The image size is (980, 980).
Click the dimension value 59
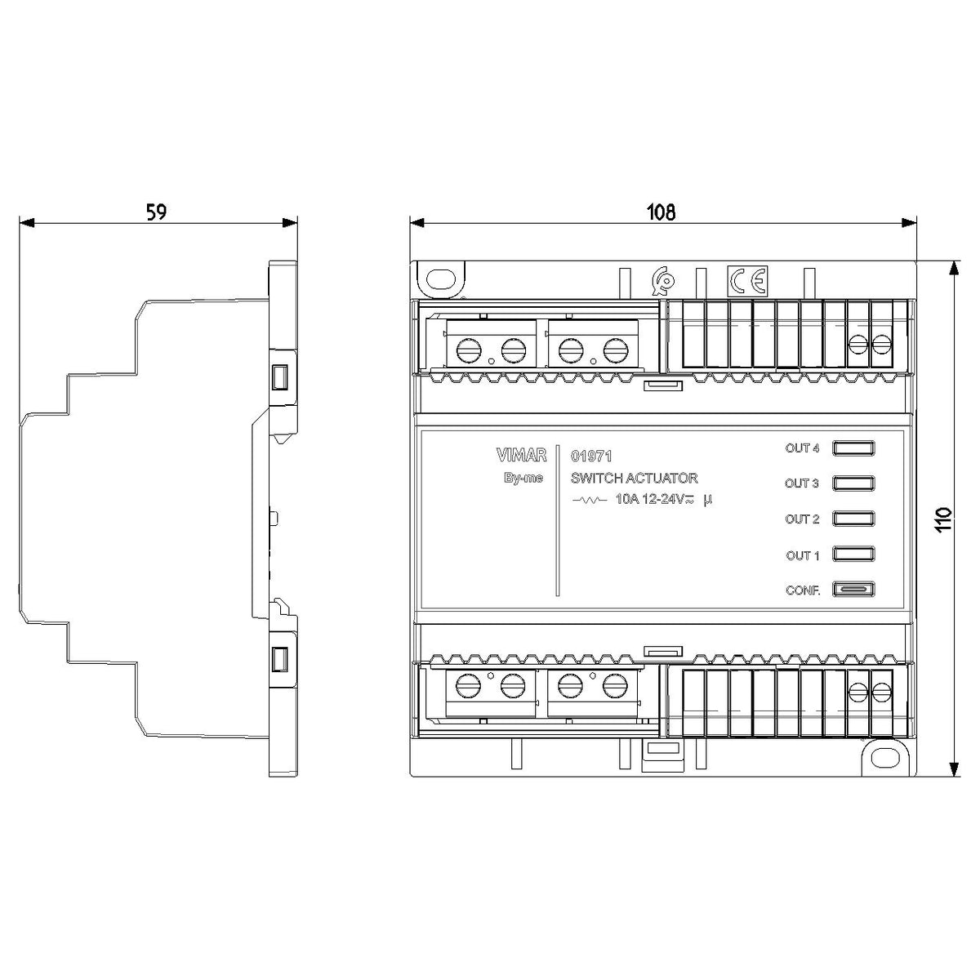[x=156, y=212]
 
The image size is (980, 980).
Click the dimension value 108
[x=661, y=212]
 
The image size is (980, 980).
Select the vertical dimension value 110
[x=943, y=519]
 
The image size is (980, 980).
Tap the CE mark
[x=747, y=280]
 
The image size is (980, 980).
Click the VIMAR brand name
[x=521, y=455]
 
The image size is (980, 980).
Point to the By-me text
[x=523, y=478]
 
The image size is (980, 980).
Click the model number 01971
[x=591, y=457]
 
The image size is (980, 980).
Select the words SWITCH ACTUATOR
[x=635, y=478]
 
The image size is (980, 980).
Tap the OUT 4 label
[x=802, y=448]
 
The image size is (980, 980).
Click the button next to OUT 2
[x=853, y=519]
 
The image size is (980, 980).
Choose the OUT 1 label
[x=803, y=555]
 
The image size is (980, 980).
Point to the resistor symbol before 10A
[x=590, y=501]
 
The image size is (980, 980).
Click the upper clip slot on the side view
[x=279, y=377]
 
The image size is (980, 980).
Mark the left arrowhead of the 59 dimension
[x=27, y=223]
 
